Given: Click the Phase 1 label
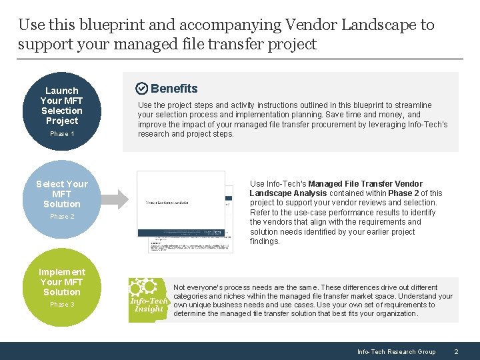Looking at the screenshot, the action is click(62, 134).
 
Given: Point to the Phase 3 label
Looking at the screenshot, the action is click(62, 305).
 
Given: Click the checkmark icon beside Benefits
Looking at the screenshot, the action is click(141, 89).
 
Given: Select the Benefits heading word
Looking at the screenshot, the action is click(174, 89).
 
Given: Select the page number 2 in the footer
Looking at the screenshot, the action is click(456, 351).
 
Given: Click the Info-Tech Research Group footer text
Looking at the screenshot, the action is click(396, 351).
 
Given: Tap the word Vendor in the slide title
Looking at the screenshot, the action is click(311, 25).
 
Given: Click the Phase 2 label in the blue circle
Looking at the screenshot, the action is click(62, 217).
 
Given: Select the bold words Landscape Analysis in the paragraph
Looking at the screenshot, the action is click(281, 193).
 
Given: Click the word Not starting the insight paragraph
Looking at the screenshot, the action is click(179, 287).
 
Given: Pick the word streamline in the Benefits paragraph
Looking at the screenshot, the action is click(414, 105).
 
